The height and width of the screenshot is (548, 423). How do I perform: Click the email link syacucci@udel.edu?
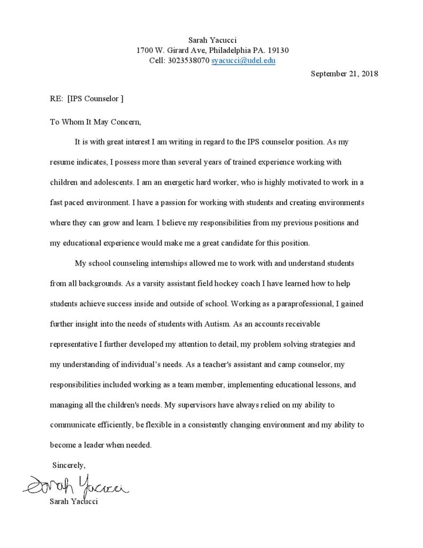pyautogui.click(x=243, y=61)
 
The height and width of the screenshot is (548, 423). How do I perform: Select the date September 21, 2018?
pyautogui.click(x=344, y=74)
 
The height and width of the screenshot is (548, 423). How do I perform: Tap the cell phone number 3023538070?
pyautogui.click(x=189, y=61)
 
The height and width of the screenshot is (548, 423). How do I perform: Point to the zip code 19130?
pyautogui.click(x=278, y=50)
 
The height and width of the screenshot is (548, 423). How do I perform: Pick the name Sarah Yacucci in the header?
pyautogui.click(x=212, y=40)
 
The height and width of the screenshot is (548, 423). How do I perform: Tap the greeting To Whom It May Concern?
pyautogui.click(x=95, y=122)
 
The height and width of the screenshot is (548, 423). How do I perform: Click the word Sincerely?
pyautogui.click(x=68, y=465)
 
